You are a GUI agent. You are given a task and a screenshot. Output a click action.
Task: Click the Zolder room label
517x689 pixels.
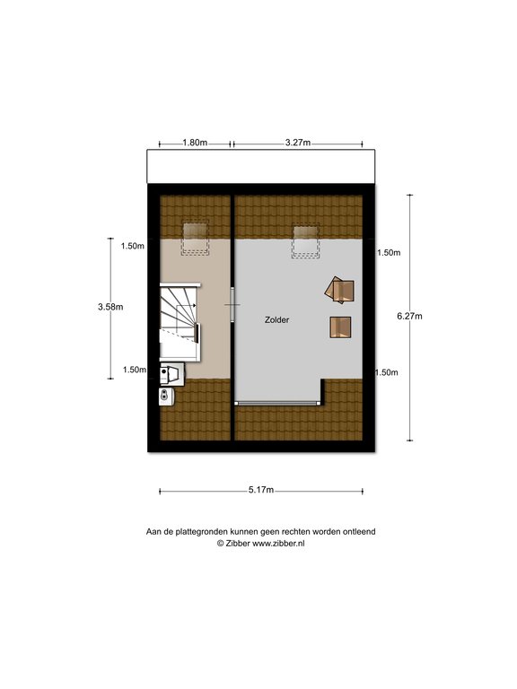(276, 320)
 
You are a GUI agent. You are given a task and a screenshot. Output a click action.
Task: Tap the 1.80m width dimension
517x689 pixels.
(195, 143)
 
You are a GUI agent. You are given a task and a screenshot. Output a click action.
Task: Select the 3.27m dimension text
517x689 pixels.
(298, 143)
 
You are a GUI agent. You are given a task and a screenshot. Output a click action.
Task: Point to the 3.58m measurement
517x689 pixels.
(110, 307)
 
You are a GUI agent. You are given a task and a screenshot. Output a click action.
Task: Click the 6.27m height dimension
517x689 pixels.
(409, 316)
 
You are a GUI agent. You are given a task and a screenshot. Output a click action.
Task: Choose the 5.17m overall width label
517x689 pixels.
(261, 490)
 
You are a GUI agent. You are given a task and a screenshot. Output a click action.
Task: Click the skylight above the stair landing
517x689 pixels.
(196, 238)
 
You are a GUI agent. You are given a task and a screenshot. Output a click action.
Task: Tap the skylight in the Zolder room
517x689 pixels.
(305, 240)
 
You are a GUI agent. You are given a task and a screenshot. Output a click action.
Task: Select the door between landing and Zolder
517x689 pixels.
(233, 304)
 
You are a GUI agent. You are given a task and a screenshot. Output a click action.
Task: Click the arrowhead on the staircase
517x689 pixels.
(194, 306)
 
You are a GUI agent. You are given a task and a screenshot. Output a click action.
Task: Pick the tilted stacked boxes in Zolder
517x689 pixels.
(339, 290)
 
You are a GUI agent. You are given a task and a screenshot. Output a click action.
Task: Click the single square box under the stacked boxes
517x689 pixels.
(340, 327)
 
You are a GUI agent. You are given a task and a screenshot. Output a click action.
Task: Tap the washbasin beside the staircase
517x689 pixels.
(172, 374)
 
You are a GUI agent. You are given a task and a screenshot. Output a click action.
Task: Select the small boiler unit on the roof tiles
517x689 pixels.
(167, 396)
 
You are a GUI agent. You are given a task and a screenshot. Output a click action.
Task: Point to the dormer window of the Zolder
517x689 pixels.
(278, 403)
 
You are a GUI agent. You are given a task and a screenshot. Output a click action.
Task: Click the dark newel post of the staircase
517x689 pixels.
(197, 333)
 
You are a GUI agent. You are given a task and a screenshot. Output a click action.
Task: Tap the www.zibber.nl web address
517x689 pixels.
(278, 543)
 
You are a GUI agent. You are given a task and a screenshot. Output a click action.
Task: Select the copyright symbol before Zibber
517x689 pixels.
(220, 543)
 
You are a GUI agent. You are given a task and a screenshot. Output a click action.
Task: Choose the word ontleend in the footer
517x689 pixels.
(361, 532)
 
